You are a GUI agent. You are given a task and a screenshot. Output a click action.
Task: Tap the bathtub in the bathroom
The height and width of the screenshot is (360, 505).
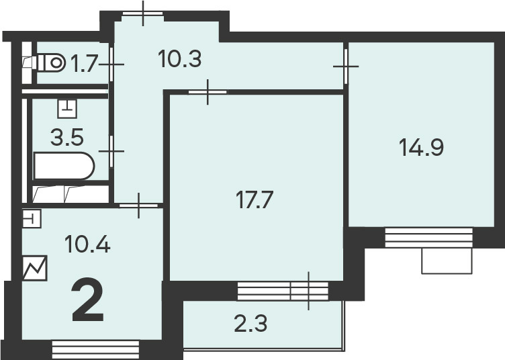64,165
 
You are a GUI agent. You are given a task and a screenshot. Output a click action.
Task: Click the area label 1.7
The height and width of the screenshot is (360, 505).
84,63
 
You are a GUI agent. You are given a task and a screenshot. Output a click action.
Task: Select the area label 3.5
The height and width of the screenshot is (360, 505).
67,136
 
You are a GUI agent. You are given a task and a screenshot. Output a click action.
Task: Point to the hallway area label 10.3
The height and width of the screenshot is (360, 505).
180,59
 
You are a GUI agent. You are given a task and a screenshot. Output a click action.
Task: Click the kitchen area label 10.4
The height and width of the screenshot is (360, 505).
87,244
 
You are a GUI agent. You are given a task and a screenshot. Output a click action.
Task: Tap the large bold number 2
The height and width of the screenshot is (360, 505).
88,300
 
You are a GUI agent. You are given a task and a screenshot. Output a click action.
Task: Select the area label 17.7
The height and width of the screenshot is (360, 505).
255,199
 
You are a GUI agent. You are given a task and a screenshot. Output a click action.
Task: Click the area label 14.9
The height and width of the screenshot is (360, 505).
421,147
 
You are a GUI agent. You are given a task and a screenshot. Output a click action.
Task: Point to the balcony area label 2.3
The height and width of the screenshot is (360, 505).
250,324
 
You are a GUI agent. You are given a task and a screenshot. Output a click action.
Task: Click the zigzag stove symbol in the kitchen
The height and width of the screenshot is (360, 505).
35,268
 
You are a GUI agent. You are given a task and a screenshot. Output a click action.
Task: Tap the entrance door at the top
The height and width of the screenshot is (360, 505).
143,13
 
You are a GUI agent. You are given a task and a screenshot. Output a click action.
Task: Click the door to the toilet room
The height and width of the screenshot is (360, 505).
111,64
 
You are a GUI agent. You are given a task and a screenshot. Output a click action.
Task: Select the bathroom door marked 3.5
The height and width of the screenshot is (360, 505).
111,151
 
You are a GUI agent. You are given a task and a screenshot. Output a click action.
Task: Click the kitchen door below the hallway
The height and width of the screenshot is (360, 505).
139,205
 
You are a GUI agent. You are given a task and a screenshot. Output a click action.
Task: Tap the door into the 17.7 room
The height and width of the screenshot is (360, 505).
208,92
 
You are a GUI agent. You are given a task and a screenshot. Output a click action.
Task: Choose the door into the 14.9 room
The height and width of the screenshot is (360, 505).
346,66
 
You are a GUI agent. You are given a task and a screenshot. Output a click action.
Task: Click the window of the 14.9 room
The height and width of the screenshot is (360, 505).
429,237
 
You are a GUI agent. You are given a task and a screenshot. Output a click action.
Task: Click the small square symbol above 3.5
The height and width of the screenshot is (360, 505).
67,109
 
